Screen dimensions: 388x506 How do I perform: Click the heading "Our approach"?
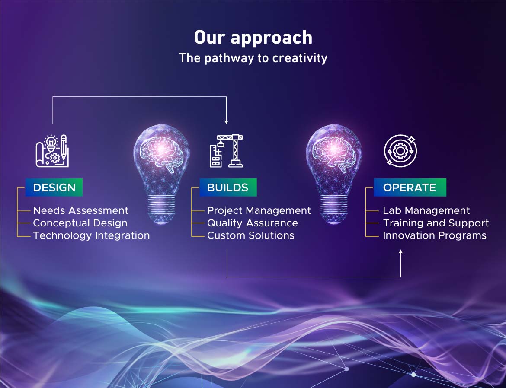click(253, 38)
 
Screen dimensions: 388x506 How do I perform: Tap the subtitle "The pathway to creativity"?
click(253, 58)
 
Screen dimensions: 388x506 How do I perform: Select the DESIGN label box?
click(54, 188)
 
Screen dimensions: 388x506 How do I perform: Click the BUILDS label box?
click(228, 188)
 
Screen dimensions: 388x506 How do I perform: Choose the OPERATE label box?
click(410, 188)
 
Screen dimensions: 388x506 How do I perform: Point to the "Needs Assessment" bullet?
click(80, 210)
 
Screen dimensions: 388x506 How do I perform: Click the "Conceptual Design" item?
click(80, 223)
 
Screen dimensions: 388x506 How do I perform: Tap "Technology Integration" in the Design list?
click(91, 235)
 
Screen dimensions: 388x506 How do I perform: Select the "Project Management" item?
click(259, 210)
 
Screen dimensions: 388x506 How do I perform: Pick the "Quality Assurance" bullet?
click(252, 223)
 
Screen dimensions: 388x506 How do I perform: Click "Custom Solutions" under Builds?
click(250, 235)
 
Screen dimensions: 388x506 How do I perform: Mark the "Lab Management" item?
click(426, 210)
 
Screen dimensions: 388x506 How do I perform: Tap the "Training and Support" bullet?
click(436, 223)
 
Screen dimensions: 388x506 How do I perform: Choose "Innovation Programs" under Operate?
click(434, 235)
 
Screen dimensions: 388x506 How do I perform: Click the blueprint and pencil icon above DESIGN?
click(52, 151)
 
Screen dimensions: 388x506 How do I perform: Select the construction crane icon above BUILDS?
click(226, 151)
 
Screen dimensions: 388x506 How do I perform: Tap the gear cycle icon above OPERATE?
click(400, 151)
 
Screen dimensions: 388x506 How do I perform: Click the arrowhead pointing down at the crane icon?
click(226, 122)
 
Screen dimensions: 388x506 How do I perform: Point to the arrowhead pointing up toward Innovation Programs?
click(400, 252)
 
